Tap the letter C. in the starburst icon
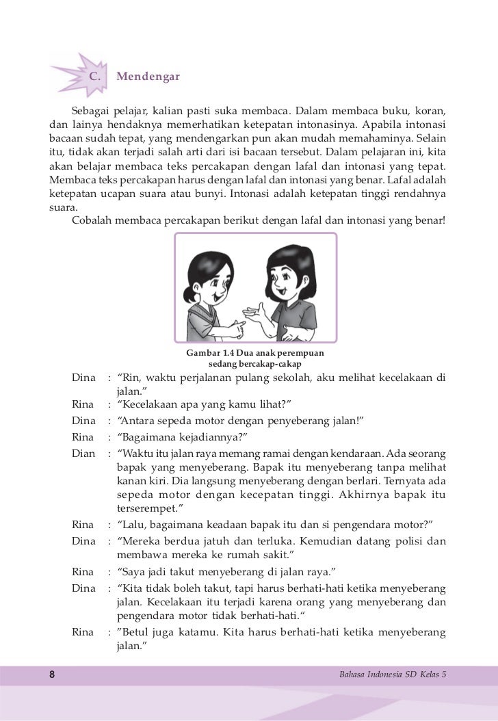pyautogui.click(x=97, y=76)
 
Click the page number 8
pyautogui.click(x=52, y=674)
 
